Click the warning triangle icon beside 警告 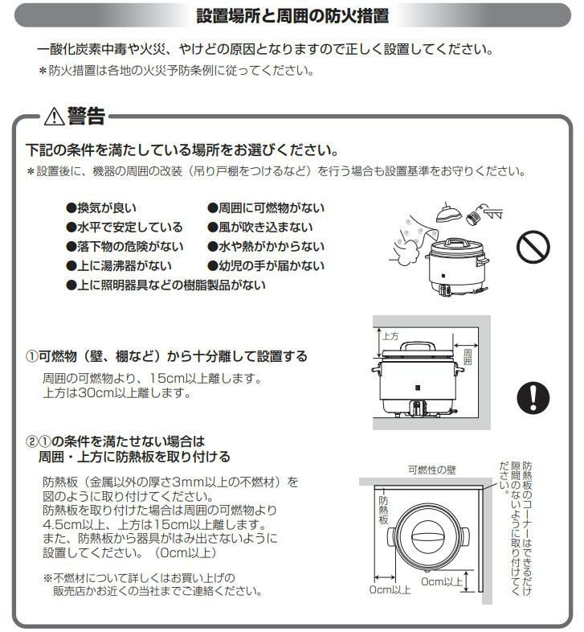coord(55,117)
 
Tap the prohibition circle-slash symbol coord(533,247)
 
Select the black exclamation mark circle coord(533,397)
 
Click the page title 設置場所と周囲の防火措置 coord(293,15)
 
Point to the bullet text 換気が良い coord(107,208)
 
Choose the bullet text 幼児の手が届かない coord(271,266)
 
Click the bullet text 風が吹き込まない coord(265,228)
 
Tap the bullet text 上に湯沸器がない coord(124,266)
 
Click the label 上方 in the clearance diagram coord(390,336)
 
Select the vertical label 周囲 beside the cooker coord(468,357)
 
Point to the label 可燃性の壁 coord(431,470)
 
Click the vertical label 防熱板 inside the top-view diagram coord(383,510)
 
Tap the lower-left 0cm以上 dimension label coord(390,589)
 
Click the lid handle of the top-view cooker coord(428,537)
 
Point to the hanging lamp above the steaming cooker coord(448,213)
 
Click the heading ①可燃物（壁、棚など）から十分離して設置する coord(166,356)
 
